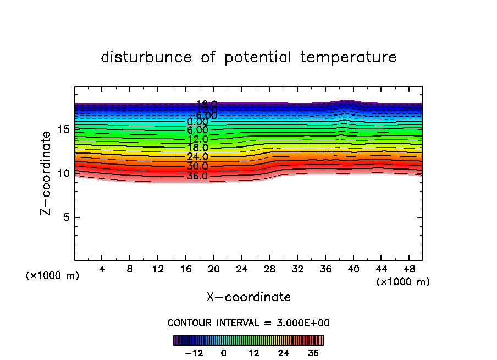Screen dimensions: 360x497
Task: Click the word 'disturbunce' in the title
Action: pyautogui.click(x=147, y=57)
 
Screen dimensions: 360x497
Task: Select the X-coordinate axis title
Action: pyautogui.click(x=248, y=297)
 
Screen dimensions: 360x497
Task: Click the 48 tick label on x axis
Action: pyautogui.click(x=409, y=270)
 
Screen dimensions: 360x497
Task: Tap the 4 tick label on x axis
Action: pyautogui.click(x=102, y=270)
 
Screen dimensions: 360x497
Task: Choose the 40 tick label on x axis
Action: pyautogui.click(x=353, y=270)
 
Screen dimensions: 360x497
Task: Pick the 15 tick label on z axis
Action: pyautogui.click(x=63, y=129)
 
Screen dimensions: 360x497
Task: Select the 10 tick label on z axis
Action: pyautogui.click(x=63, y=173)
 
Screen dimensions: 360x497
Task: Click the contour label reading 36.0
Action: pyautogui.click(x=197, y=177)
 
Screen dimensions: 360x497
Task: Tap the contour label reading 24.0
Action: pyautogui.click(x=197, y=157)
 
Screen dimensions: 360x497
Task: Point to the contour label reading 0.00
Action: pyautogui.click(x=197, y=122)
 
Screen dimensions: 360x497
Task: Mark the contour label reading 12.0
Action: pyautogui.click(x=197, y=139)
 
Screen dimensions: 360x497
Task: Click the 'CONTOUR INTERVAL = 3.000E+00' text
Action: pyautogui.click(x=248, y=323)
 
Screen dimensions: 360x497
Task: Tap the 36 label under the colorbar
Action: pyautogui.click(x=313, y=353)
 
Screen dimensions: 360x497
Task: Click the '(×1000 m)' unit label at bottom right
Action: pyautogui.click(x=403, y=282)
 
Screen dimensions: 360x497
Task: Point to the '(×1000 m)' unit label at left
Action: pyautogui.click(x=53, y=276)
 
